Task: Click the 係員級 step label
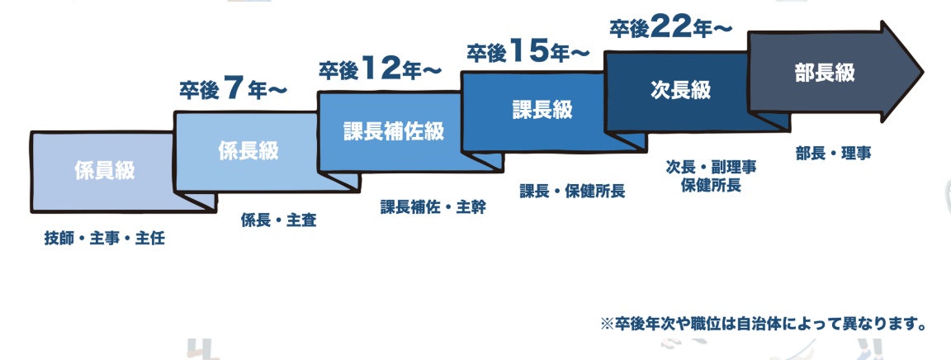point(103,172)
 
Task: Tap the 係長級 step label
point(248,151)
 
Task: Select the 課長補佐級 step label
point(394,130)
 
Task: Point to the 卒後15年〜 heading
point(528,52)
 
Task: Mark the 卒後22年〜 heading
point(670,29)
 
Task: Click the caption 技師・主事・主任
point(105,239)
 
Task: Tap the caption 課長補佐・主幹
point(433,206)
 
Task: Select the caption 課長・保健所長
point(572,192)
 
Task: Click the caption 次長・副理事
point(711,166)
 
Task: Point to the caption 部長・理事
point(835,153)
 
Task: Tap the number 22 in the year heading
point(670,27)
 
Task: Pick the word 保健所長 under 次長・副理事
point(711,185)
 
